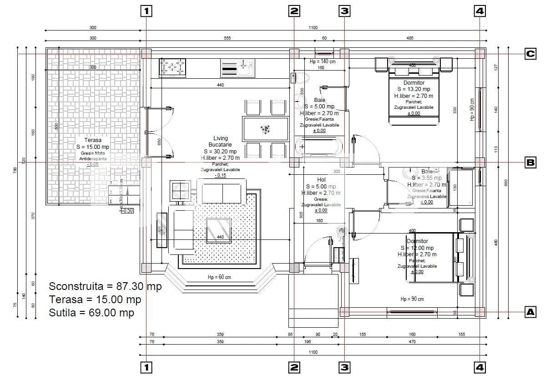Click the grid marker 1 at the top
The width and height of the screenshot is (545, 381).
pyautogui.click(x=146, y=11)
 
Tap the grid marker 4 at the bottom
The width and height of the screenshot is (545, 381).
pyautogui.click(x=479, y=367)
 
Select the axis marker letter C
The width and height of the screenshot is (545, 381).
pyautogui.click(x=530, y=54)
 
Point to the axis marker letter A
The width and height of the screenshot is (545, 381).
pyautogui.click(x=530, y=312)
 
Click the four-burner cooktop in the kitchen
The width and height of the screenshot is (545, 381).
pyautogui.click(x=172, y=67)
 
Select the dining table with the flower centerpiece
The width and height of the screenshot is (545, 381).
pyautogui.click(x=266, y=129)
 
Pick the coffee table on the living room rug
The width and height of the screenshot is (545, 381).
pyautogui.click(x=219, y=230)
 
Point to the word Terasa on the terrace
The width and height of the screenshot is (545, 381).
pyautogui.click(x=93, y=140)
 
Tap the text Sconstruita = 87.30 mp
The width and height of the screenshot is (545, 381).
pyautogui.click(x=105, y=287)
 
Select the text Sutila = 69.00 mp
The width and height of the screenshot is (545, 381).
pyautogui.click(x=91, y=313)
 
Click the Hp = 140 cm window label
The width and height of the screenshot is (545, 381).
pyautogui.click(x=323, y=61)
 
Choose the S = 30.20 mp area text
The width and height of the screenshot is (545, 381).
pyautogui.click(x=220, y=152)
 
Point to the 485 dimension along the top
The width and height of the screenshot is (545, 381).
pyautogui.click(x=409, y=38)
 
